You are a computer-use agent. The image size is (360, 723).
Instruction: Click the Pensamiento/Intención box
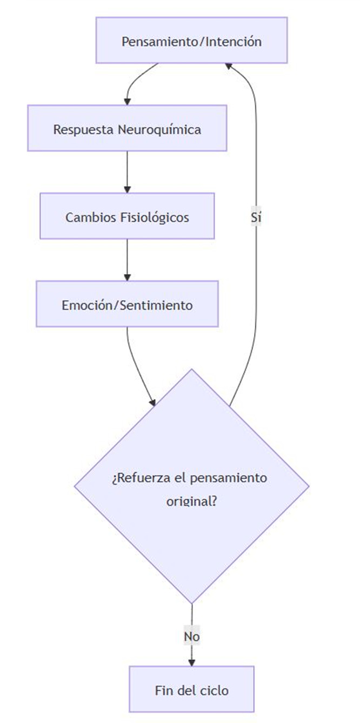click(x=191, y=41)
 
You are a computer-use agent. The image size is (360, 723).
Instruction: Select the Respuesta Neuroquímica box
click(x=127, y=129)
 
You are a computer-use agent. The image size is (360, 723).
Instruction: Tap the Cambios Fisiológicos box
click(x=127, y=216)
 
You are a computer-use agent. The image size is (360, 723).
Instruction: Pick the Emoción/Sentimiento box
click(x=127, y=304)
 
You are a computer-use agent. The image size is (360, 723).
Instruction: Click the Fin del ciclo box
click(x=191, y=689)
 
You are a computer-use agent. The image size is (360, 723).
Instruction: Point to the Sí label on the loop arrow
click(x=256, y=217)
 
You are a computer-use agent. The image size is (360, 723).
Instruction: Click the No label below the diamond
click(x=191, y=636)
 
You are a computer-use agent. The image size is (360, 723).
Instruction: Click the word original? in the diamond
click(x=191, y=500)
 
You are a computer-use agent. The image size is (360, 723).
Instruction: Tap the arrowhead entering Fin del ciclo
click(x=191, y=662)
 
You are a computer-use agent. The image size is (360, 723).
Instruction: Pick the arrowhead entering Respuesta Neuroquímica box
click(x=127, y=101)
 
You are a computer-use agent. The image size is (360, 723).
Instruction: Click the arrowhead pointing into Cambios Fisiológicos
click(x=127, y=189)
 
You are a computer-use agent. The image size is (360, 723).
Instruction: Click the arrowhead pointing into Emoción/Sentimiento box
click(x=127, y=277)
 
